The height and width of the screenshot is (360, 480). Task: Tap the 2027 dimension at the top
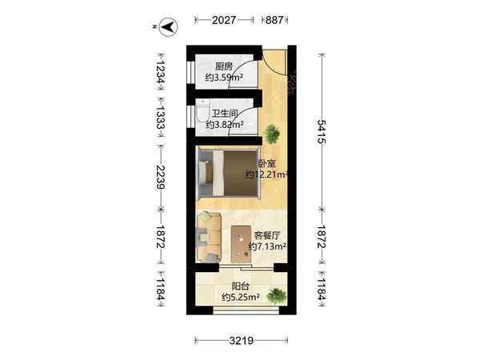(x=224, y=20)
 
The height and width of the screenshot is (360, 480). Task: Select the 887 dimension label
(x=274, y=20)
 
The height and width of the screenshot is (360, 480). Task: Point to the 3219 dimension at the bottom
(x=242, y=341)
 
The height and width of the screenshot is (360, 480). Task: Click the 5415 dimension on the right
(x=322, y=131)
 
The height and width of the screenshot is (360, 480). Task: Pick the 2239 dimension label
(x=161, y=177)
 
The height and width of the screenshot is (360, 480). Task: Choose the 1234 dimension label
(x=161, y=72)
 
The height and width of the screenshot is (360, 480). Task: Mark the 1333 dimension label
(x=161, y=118)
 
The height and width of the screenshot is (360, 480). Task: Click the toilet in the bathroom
(x=202, y=110)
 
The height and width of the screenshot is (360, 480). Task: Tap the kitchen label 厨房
(x=224, y=66)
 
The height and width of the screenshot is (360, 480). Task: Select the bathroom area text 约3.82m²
(x=224, y=125)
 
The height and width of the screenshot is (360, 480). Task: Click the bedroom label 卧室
(x=267, y=163)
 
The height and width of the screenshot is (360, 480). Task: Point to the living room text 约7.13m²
(x=267, y=246)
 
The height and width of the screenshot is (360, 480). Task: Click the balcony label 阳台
(x=241, y=286)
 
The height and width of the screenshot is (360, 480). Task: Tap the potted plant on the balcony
(x=277, y=296)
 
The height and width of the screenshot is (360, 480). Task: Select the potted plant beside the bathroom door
(x=271, y=134)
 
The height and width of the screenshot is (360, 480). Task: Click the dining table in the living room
(x=242, y=244)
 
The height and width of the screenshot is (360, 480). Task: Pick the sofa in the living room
(x=209, y=238)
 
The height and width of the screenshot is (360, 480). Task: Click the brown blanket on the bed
(x=240, y=173)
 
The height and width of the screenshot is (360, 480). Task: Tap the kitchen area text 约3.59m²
(x=224, y=78)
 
